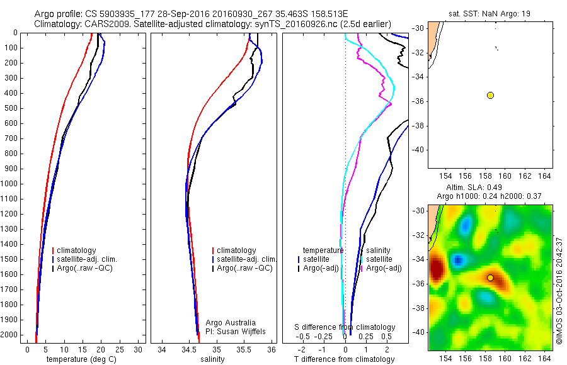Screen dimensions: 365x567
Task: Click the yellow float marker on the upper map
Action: pos(490,95)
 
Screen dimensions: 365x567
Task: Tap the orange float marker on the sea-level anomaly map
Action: pos(490,278)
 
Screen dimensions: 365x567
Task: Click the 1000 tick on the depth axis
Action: pos(13,184)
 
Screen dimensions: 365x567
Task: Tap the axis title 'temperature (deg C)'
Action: pos(81,359)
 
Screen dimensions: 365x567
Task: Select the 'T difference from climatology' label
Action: pos(345,359)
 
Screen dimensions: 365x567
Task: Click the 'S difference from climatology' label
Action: pos(345,327)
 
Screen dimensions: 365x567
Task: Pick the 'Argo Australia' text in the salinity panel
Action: pos(231,322)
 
